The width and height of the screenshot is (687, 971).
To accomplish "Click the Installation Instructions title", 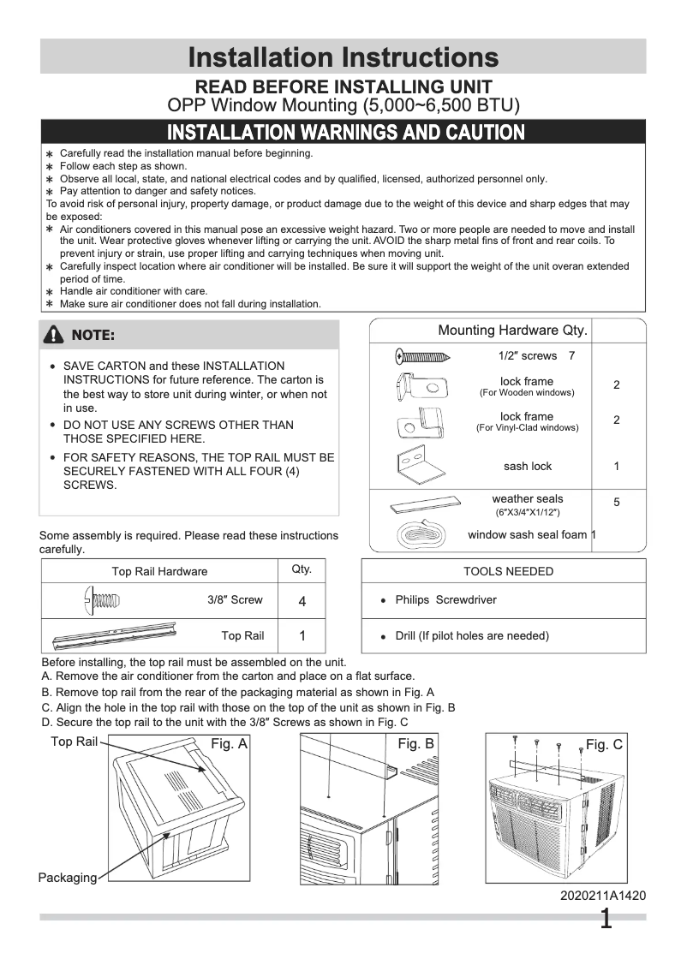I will pos(343,57).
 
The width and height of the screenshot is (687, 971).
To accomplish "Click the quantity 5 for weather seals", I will pos(617,503).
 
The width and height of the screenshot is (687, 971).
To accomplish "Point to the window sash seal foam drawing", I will pos(421,534).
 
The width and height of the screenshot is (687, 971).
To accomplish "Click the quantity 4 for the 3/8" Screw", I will pos(302,601).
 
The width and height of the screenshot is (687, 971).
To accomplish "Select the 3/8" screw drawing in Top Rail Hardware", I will pos(102,600).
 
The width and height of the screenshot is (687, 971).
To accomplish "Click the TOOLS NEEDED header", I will pos(508,571).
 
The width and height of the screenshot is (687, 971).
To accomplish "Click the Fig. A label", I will pos(229,745).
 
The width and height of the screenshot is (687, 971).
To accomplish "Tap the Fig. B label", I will pos(416,745).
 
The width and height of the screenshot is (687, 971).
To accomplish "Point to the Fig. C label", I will pos(604,745).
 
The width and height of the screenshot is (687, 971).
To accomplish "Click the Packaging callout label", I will pos(67,878).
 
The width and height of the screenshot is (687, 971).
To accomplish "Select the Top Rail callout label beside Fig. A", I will pos(74,742).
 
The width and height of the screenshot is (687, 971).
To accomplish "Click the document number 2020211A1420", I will pos(603,896).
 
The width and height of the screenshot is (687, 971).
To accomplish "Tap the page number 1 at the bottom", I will pos(606,920).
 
